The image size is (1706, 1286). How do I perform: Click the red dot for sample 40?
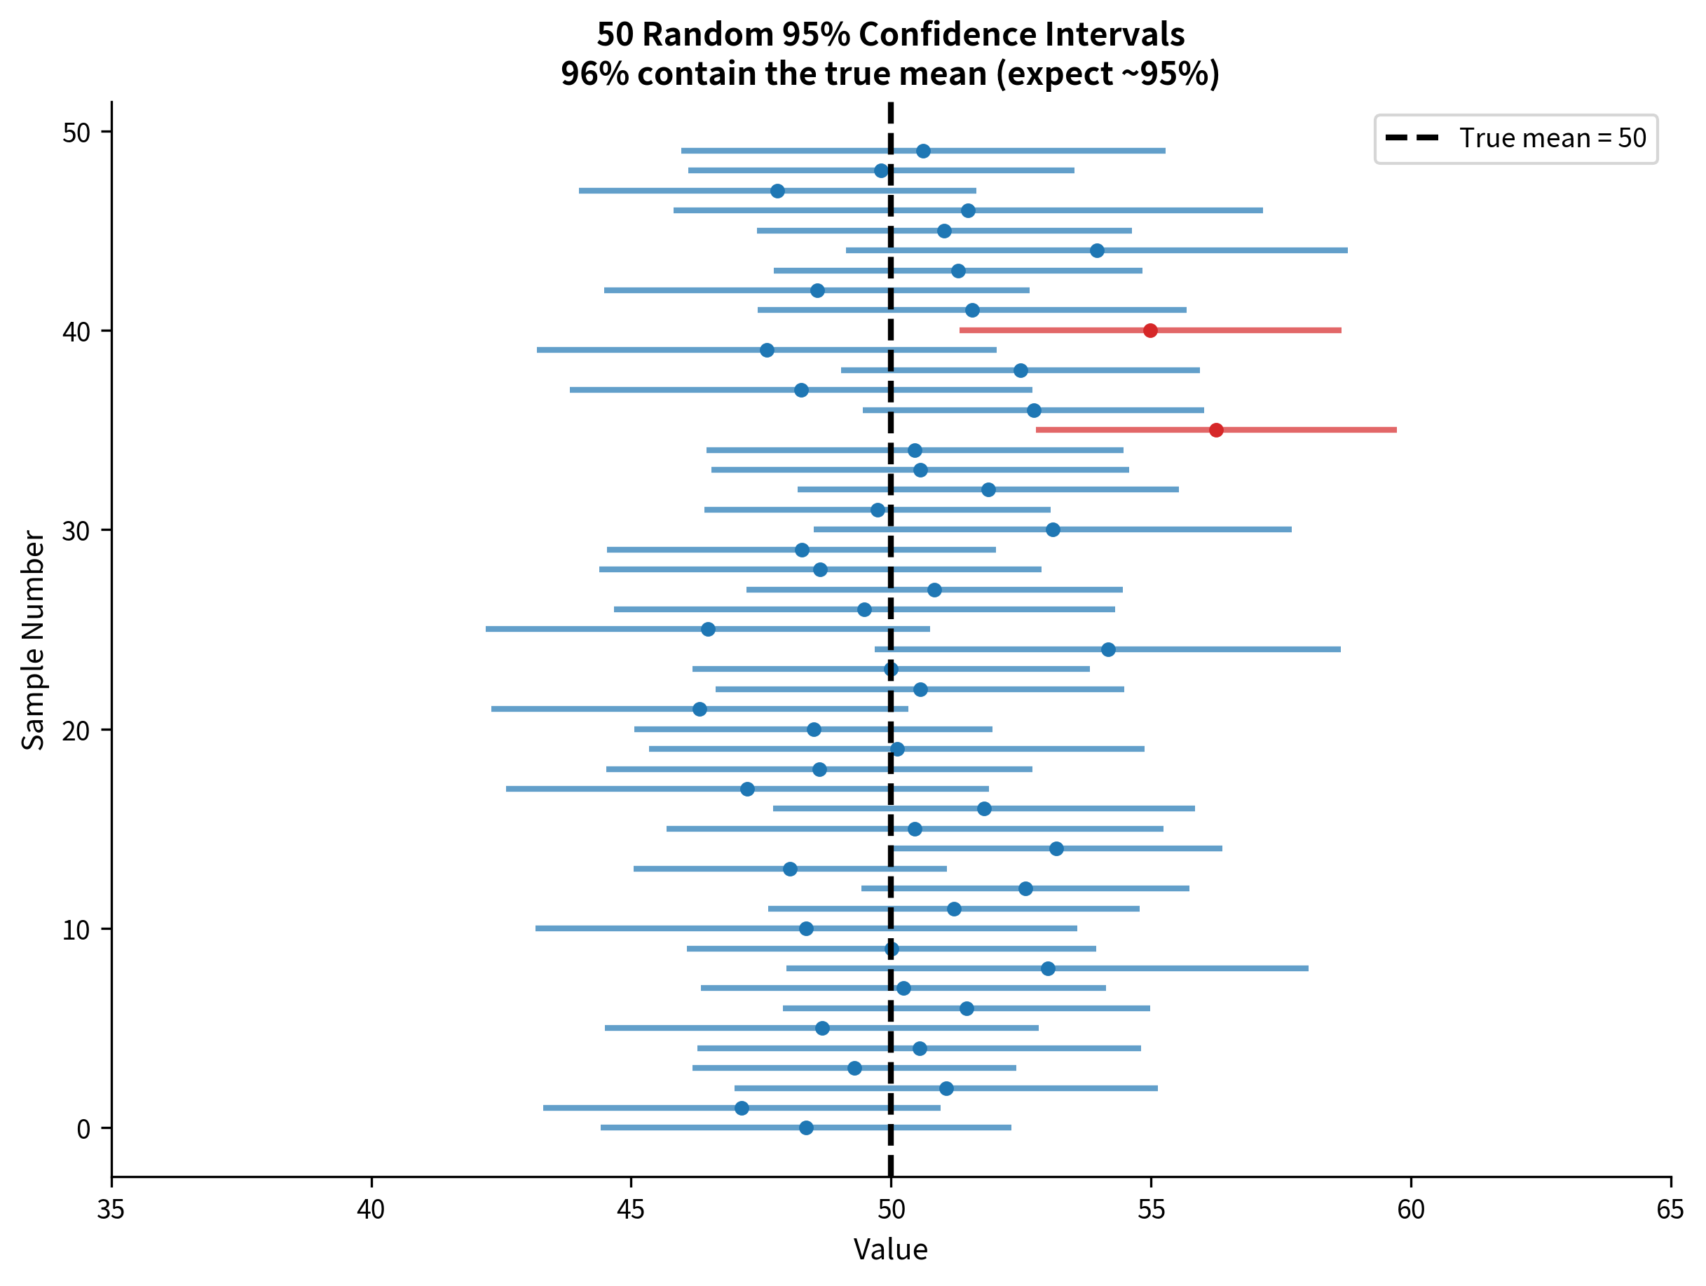[x=1150, y=330]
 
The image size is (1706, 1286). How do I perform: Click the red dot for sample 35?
[x=1216, y=430]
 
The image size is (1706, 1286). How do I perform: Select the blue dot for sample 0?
[x=806, y=1128]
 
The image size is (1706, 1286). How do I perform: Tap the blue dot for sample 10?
[x=806, y=928]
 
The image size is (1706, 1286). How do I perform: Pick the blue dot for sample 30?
[x=1053, y=529]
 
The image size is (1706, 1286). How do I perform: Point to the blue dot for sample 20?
[x=814, y=729]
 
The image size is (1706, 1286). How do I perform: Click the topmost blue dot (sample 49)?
[x=923, y=151]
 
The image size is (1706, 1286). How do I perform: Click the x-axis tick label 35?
[x=110, y=1210]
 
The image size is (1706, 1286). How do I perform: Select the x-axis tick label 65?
[x=1670, y=1210]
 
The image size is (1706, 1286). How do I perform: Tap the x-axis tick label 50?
[x=891, y=1210]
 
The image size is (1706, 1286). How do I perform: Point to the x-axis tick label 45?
[x=630, y=1210]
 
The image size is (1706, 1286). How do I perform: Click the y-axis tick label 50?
[x=76, y=133]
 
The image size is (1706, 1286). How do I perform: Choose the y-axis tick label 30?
[x=76, y=531]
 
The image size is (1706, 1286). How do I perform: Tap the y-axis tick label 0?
[x=83, y=1130]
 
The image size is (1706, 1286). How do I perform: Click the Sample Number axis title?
[x=32, y=639]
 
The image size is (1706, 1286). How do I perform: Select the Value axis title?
[x=890, y=1250]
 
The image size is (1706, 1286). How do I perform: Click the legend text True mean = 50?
[x=1553, y=138]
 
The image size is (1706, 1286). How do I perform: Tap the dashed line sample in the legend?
[x=1412, y=138]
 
